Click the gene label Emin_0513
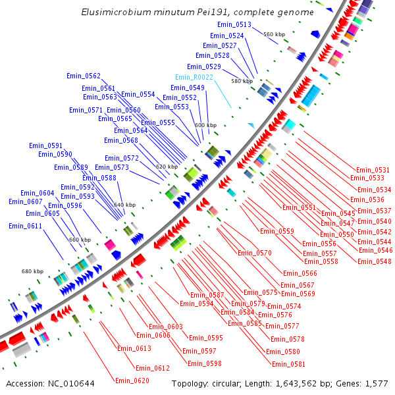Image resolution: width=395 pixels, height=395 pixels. [x=234, y=24]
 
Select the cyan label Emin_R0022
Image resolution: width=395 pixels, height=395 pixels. [x=194, y=77]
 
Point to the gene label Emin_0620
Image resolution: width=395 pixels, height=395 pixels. [x=132, y=381]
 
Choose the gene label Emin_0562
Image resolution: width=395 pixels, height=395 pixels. [x=84, y=76]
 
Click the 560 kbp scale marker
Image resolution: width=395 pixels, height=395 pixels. [x=274, y=34]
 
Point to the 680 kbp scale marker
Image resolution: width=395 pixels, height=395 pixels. [x=32, y=271]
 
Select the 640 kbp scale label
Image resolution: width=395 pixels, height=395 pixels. [x=125, y=205]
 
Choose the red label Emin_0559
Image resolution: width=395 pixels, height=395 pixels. [x=276, y=231]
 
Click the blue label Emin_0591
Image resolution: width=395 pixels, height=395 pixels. [x=45, y=145]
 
